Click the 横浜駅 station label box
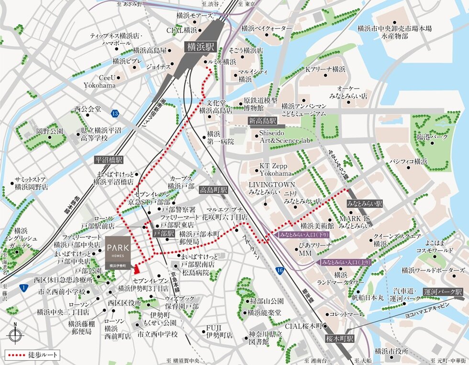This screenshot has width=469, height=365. pyautogui.click(x=201, y=47)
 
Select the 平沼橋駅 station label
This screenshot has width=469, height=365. pyautogui.click(x=110, y=160)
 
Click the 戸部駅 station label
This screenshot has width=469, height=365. pyautogui.click(x=164, y=233)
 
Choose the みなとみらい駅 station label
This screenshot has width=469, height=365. pyautogui.click(x=365, y=203)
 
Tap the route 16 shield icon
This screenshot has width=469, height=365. pyautogui.click(x=279, y=271)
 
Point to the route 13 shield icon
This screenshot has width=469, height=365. pyautogui.click(x=114, y=113)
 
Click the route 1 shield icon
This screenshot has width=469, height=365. pyautogui.click(x=23, y=287)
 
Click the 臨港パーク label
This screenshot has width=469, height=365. pyautogui.click(x=432, y=137)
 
